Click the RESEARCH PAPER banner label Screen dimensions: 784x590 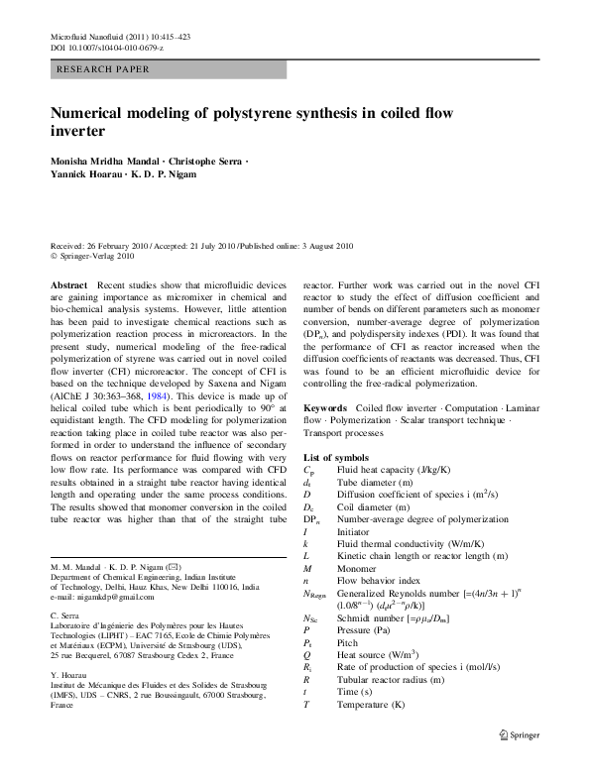point(104,69)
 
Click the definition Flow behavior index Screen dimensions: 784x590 point(379,579)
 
